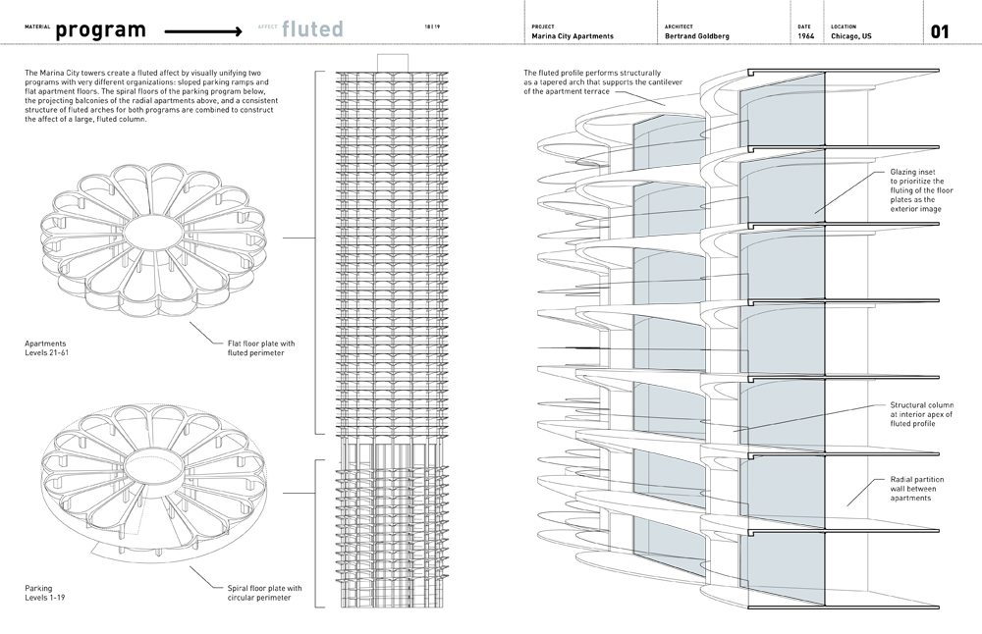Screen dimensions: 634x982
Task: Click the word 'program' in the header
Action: click(101, 30)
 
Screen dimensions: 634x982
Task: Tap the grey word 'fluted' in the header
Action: click(311, 30)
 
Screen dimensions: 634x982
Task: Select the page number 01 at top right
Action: click(939, 31)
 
